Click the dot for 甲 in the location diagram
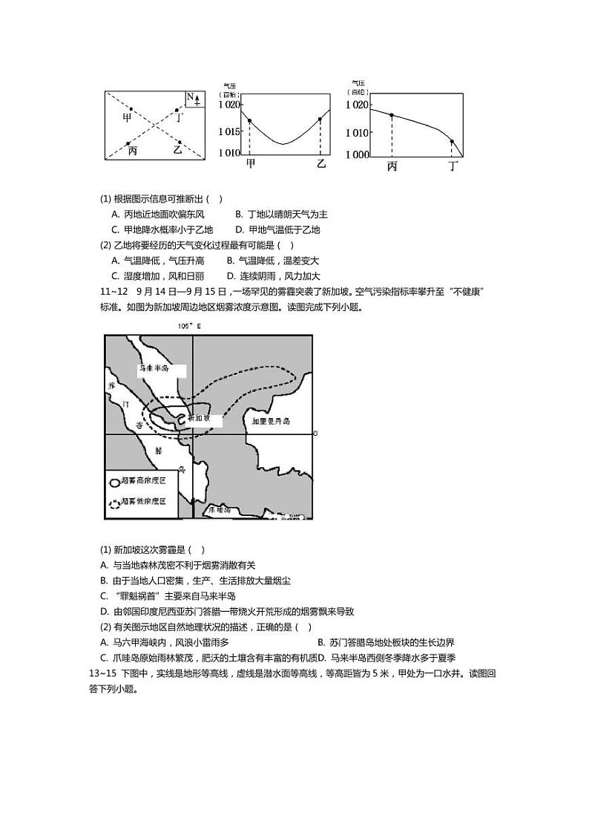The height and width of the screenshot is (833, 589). (131, 109)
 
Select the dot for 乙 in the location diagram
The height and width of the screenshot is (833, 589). (179, 142)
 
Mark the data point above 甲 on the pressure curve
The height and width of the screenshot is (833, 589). (249, 120)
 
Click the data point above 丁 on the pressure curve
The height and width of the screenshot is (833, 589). (452, 141)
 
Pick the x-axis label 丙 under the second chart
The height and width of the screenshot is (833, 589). (392, 166)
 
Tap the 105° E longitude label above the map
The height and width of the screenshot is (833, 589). (190, 326)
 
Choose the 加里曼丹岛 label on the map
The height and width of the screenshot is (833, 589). (271, 421)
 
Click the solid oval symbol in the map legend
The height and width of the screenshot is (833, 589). (113, 481)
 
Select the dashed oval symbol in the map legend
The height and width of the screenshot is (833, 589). (113, 502)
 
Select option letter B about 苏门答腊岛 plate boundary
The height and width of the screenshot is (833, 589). (320, 642)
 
